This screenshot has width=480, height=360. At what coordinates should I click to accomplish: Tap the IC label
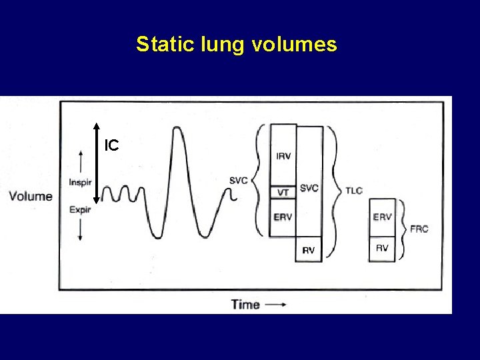point(111,145)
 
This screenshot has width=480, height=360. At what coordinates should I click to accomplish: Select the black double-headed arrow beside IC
point(97,162)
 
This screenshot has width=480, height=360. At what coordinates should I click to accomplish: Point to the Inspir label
point(81,182)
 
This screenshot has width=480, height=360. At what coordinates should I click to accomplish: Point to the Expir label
point(81,209)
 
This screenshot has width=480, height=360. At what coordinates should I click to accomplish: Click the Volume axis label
point(31,196)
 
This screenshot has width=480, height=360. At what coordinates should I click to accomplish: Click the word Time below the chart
point(245,305)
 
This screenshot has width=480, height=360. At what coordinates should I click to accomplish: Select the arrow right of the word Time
point(275,305)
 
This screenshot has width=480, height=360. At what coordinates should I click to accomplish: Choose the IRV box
point(283,156)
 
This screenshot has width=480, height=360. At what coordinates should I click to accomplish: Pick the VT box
point(283,192)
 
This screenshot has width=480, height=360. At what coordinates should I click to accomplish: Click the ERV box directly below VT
point(283,217)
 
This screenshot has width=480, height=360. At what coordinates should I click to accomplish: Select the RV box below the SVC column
point(309,249)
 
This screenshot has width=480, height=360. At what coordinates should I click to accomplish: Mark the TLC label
point(353,191)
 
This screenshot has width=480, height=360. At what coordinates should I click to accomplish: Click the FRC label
point(419,229)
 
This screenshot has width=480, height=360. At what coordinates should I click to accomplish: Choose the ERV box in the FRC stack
point(382,217)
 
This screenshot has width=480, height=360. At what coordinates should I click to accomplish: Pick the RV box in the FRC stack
point(382,248)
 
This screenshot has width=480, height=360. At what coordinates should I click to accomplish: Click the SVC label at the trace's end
point(238,180)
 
